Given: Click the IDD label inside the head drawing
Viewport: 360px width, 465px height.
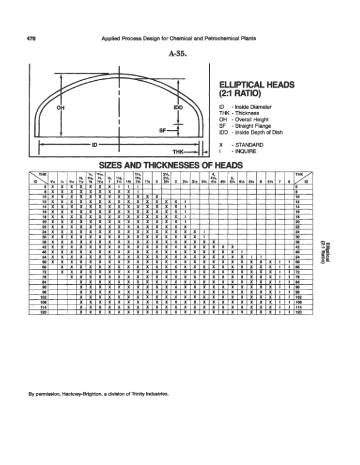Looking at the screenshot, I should pos(179,108).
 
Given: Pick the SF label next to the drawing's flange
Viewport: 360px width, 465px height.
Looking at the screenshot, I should pos(163,131).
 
